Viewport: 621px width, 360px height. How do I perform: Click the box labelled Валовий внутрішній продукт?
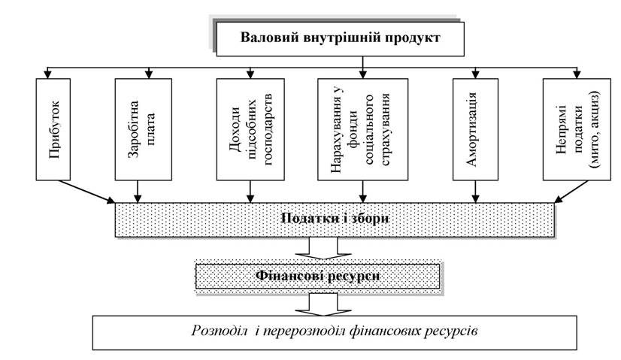pos(341,39)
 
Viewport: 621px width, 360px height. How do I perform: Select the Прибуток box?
pos(53,129)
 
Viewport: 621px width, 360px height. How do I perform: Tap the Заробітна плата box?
pos(144,129)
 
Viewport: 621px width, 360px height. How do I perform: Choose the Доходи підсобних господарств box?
pos(250,129)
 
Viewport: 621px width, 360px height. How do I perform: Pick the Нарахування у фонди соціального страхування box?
pos(363,129)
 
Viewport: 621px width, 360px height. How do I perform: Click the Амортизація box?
pos(475,129)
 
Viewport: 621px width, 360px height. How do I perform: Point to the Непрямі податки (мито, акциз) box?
pos(577,129)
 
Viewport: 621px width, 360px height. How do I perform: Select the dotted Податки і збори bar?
pos(335,219)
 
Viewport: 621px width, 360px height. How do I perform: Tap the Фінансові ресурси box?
pos(317,276)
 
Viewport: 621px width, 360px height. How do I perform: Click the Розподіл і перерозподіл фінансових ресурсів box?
pos(335,333)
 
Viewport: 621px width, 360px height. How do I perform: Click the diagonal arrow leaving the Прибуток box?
pos(86,192)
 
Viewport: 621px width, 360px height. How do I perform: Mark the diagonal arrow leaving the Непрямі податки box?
pos(571,192)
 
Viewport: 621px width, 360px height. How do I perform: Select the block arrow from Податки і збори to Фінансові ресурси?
pos(323,248)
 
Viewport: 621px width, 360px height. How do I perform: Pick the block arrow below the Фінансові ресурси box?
pos(323,304)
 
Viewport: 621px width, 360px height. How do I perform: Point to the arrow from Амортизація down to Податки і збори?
pos(475,192)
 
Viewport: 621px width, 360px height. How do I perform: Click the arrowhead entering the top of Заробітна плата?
pos(149,74)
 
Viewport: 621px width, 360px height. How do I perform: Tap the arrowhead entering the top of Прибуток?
pos(47,74)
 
